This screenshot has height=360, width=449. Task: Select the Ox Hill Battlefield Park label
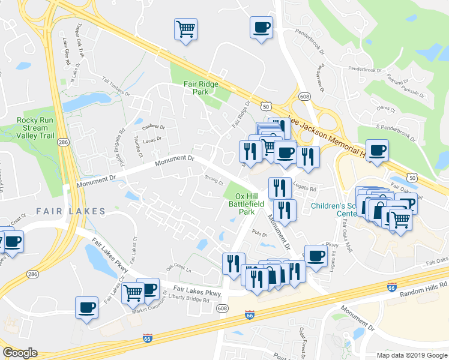(x=249, y=203)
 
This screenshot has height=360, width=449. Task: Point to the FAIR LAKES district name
(x=70, y=211)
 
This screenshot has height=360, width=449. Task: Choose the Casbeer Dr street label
(x=153, y=127)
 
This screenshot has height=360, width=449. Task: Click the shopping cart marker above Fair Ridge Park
(x=186, y=28)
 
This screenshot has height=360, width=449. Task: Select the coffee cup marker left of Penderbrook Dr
(x=261, y=27)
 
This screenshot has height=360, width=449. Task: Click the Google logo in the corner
(x=20, y=353)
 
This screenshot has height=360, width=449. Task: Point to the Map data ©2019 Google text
(x=411, y=355)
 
